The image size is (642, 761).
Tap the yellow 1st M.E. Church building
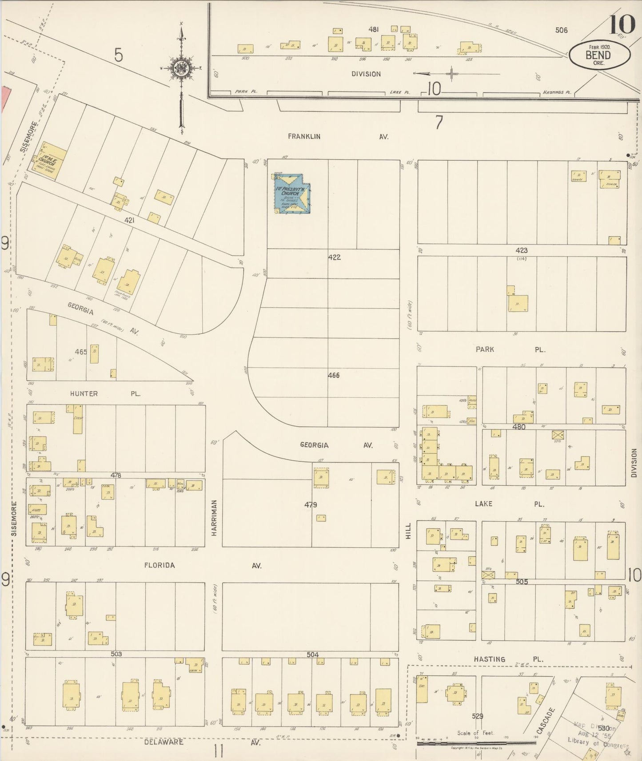pos(50,161)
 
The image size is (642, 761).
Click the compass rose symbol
pos(182,68)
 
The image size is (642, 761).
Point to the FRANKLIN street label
pos(304,137)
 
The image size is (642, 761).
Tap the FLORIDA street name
pos(160,566)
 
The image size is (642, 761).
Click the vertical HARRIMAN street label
pos(214,518)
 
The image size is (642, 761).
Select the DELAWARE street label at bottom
pos(163,742)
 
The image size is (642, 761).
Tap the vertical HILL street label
pos(408,531)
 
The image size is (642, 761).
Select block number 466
pos(334,376)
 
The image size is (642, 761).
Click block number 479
pos(311,505)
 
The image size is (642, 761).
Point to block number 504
pos(312,654)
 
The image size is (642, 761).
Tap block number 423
pos(521,250)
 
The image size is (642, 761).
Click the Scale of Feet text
pos(475,733)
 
